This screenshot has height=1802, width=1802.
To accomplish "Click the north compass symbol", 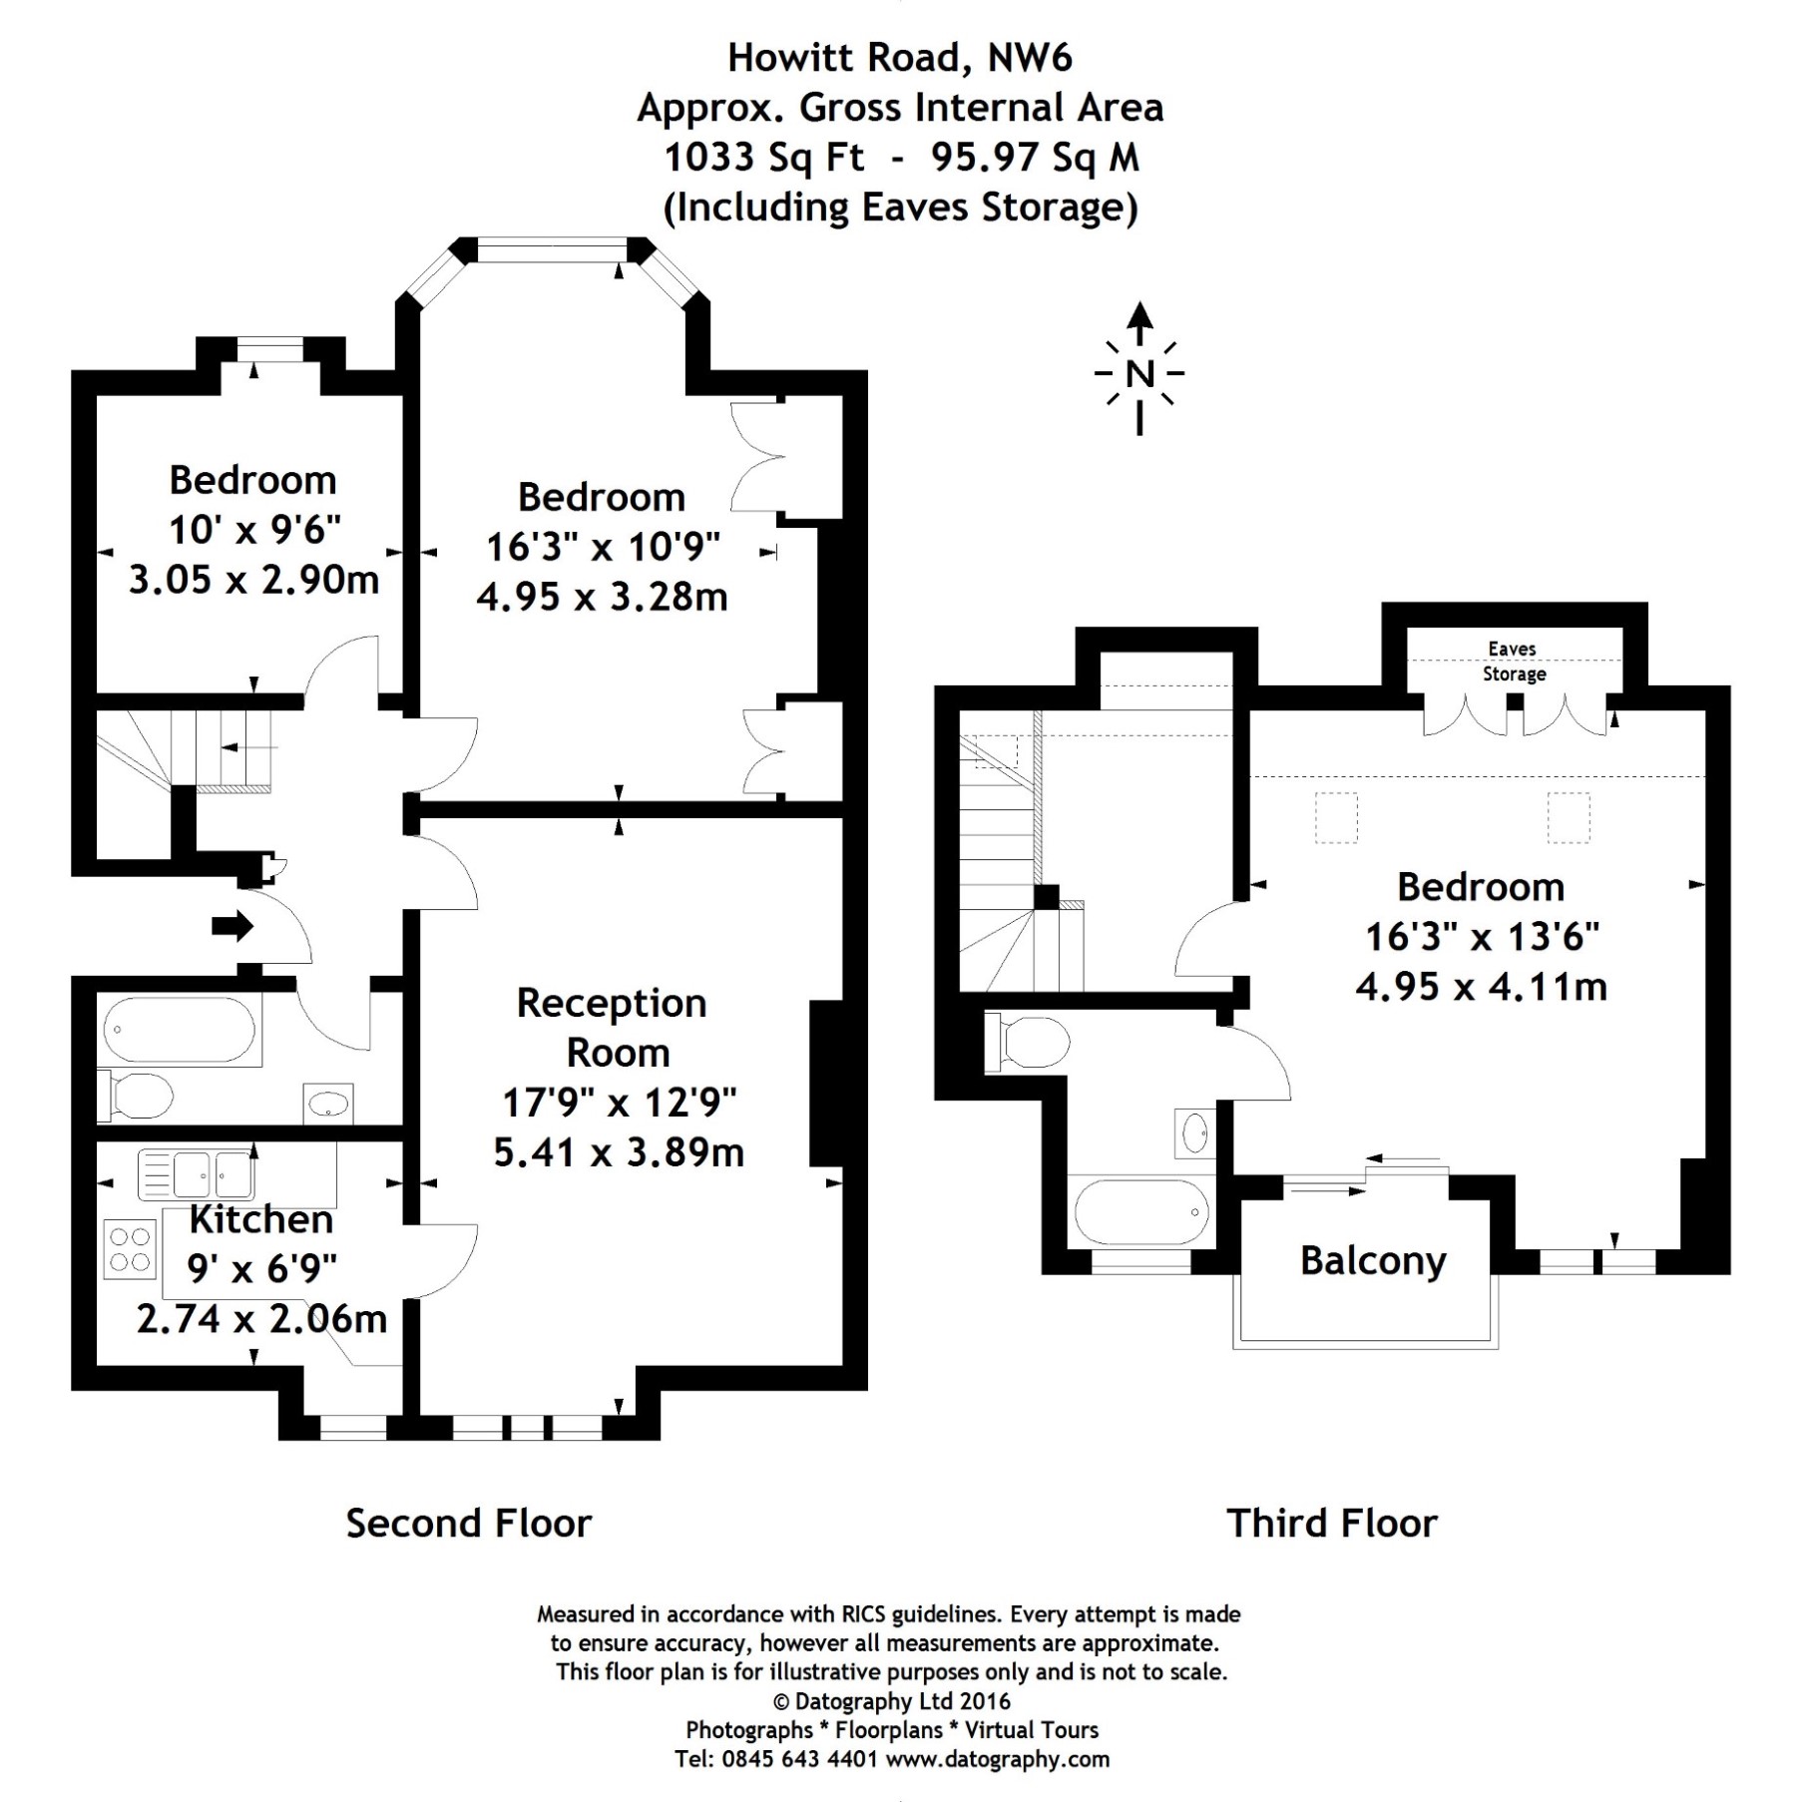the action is tap(1138, 371).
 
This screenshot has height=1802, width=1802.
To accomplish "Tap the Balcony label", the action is tap(1372, 1261).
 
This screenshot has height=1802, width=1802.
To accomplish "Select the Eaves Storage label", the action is tap(1513, 662).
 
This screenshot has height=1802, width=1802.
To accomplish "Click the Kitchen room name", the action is tap(260, 1219).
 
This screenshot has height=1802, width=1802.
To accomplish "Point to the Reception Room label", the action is tap(613, 1027).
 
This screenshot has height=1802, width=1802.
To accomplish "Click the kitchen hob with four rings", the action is tap(130, 1249).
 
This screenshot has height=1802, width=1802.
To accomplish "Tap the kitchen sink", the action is tap(197, 1173).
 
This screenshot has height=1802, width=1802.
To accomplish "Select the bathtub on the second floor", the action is tap(180, 1029).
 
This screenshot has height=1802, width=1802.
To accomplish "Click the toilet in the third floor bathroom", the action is tap(1028, 1043).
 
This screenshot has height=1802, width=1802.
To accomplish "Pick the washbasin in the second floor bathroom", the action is tap(328, 1104).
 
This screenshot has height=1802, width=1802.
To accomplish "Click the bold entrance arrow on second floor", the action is tap(232, 926).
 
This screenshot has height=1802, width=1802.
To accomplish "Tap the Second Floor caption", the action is tap(469, 1524).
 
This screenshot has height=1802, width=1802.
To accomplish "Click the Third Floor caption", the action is tap(1332, 1524).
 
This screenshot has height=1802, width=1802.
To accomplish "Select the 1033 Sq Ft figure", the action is tap(764, 158).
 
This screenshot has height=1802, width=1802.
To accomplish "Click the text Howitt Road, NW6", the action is tap(900, 58).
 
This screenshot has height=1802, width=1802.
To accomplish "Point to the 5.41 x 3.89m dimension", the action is tap(619, 1152).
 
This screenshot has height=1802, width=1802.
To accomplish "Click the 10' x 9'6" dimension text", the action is tap(254, 530).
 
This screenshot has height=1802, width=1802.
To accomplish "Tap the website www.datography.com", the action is tap(998, 1759).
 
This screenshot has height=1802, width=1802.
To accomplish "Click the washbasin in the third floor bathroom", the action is tap(1194, 1133).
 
